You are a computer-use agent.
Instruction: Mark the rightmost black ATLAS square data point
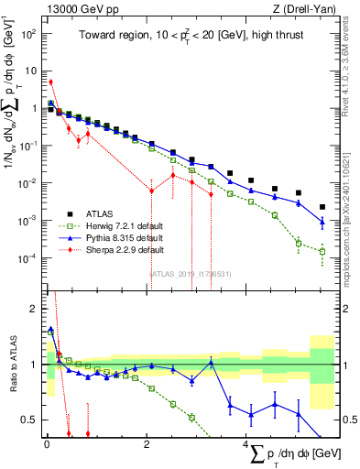click(x=322, y=207)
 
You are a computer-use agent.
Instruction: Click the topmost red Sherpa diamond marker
click(x=50, y=82)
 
